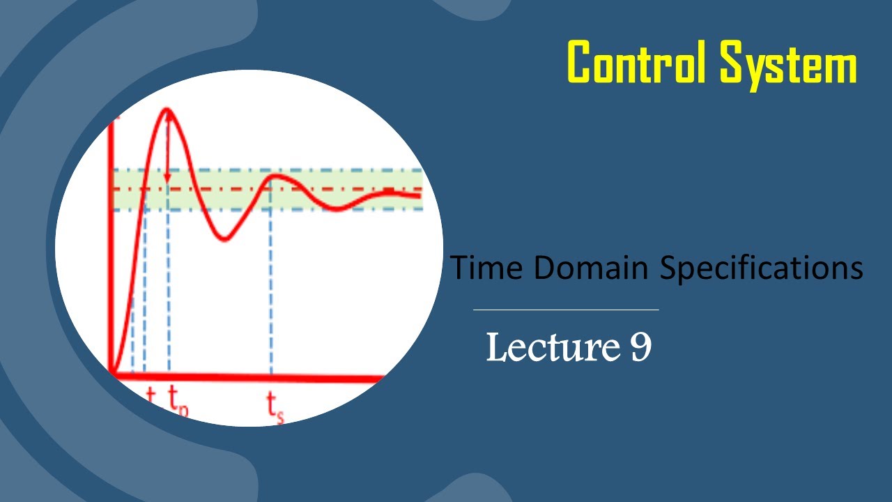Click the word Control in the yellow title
tap(638, 62)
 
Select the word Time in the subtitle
tap(482, 268)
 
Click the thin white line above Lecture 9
tap(565, 309)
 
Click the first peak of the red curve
tap(167, 109)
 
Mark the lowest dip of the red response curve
tap(223, 240)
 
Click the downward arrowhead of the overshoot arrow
tap(167, 179)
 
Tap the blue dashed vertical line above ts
tap(270, 293)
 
